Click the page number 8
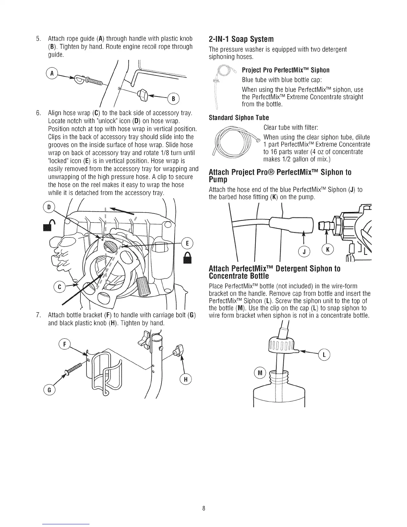tap(203, 508)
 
